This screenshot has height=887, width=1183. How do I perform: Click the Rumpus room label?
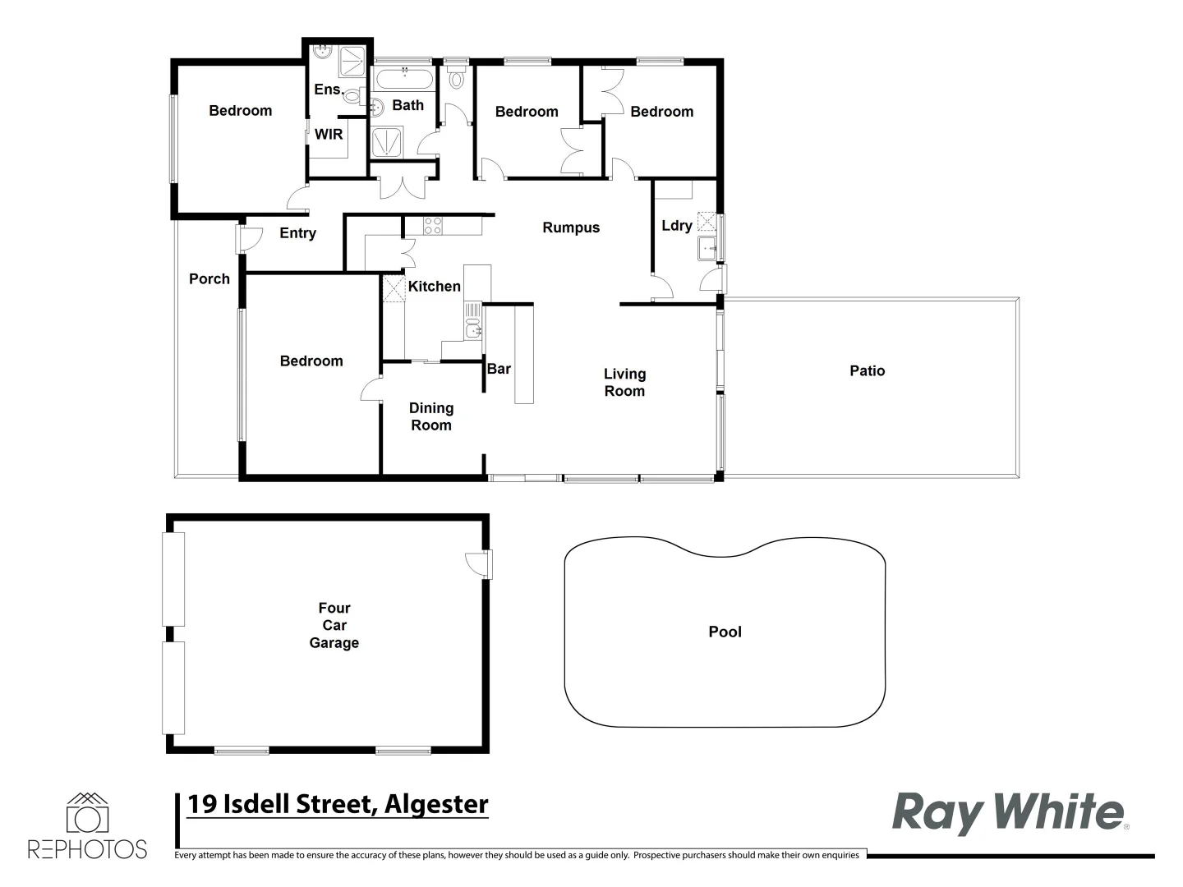pyautogui.click(x=571, y=228)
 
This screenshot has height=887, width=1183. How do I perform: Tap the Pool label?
pyautogui.click(x=725, y=632)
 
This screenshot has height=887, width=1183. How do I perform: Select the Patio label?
pyautogui.click(x=867, y=371)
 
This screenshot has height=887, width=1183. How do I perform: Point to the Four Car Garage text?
pyautogui.click(x=334, y=625)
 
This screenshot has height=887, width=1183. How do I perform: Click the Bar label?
pyautogui.click(x=499, y=369)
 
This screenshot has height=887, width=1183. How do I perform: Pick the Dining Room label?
pyautogui.click(x=431, y=416)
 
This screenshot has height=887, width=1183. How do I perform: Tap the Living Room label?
pyautogui.click(x=624, y=383)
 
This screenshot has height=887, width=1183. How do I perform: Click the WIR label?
pyautogui.click(x=329, y=134)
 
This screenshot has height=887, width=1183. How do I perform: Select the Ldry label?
pyautogui.click(x=677, y=226)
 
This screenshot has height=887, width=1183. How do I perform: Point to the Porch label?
pyautogui.click(x=209, y=279)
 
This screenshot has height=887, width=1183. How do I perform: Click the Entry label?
pyautogui.click(x=297, y=233)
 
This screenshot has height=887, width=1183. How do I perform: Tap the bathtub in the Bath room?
pyautogui.click(x=403, y=80)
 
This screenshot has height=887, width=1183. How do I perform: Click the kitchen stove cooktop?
pyautogui.click(x=432, y=225)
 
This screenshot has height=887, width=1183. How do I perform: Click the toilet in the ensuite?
pyautogui.click(x=352, y=97)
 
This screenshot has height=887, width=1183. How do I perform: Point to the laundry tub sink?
pyautogui.click(x=707, y=247)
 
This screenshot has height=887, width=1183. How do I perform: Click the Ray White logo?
pyautogui.click(x=1009, y=812)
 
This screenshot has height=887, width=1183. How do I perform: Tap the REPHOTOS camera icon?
pyautogui.click(x=87, y=816)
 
